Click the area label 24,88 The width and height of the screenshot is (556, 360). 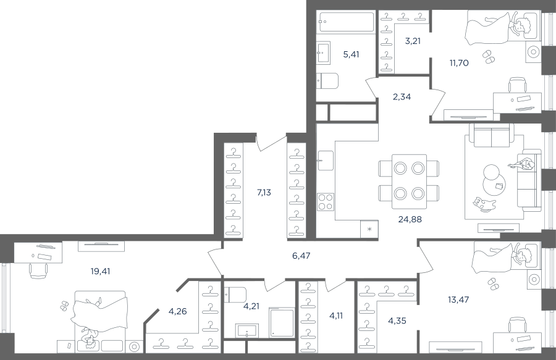point(410,220)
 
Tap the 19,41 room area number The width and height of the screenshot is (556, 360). point(100,272)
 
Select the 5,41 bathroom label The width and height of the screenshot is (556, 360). point(351,54)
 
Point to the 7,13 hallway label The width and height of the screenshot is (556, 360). point(264,193)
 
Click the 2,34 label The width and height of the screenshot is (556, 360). point(402,97)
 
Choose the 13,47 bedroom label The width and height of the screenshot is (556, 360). point(458,299)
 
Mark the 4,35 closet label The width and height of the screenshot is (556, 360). point(397,321)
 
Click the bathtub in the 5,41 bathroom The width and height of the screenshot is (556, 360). point(346,22)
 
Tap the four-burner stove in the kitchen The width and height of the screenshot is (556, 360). point(326,202)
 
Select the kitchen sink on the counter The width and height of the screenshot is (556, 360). point(326,160)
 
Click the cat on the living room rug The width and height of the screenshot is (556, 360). point(484,205)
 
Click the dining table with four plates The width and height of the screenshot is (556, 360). point(409,182)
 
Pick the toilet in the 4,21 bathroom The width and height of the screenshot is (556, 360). point(235,295)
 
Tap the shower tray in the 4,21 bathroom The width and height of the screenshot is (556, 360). point(282,322)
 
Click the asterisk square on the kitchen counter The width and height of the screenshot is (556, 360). point(369,229)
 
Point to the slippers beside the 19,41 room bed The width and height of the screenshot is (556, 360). point(65,306)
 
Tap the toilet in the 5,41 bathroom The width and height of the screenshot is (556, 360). point(327,81)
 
